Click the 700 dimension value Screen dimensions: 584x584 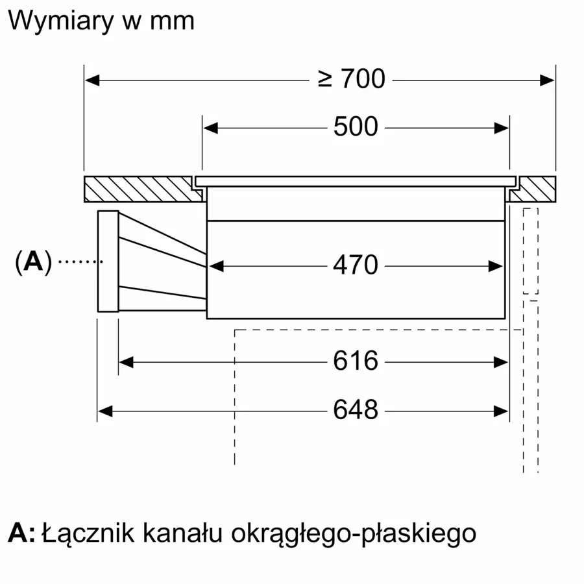[363, 79]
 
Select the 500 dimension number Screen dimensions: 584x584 [356, 127]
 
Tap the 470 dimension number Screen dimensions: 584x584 [356, 265]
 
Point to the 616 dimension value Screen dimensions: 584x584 [356, 361]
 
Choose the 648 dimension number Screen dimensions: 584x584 [356, 409]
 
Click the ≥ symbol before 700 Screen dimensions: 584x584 [325, 79]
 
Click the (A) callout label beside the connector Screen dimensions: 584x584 [33, 262]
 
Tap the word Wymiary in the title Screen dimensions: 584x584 [60, 22]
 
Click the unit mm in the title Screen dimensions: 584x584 [172, 22]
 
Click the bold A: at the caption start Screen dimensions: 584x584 [21, 533]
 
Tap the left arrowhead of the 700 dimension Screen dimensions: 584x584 [92, 80]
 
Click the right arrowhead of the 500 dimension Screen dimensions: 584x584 [502, 128]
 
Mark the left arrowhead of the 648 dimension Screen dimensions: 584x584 [105, 411]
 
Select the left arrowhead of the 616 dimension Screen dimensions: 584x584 [127, 362]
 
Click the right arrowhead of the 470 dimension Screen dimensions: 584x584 [495, 266]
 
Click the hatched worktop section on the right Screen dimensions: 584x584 [533, 189]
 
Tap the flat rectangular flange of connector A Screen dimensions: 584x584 [108, 261]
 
